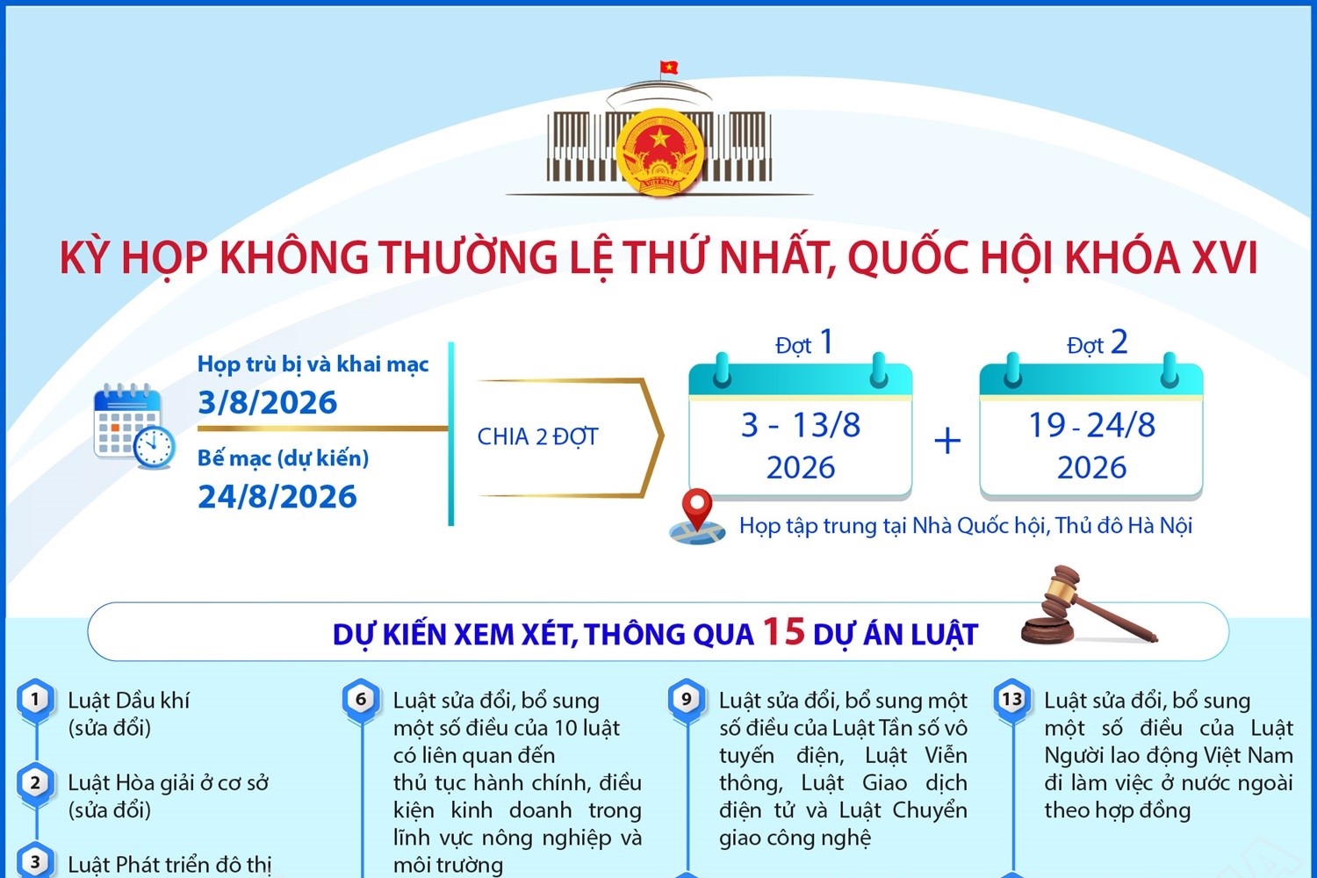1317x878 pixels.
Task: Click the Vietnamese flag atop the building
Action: [668, 67]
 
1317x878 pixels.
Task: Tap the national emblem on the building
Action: [660, 152]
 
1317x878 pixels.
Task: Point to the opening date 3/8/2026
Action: [268, 402]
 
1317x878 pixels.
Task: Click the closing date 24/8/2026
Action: [277, 496]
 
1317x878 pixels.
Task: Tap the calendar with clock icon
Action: [134, 427]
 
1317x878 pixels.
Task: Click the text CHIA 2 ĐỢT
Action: [537, 437]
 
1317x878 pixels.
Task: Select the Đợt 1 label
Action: [804, 342]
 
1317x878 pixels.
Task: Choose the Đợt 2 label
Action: [1097, 342]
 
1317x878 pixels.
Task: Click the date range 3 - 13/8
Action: [801, 425]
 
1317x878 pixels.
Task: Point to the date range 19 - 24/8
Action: [1092, 425]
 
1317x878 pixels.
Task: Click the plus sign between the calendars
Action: [947, 441]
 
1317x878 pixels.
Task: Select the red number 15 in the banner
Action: [784, 631]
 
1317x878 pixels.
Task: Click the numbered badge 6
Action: [361, 700]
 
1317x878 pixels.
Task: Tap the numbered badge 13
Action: [1011, 700]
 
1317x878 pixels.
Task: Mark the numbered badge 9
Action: [686, 700]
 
